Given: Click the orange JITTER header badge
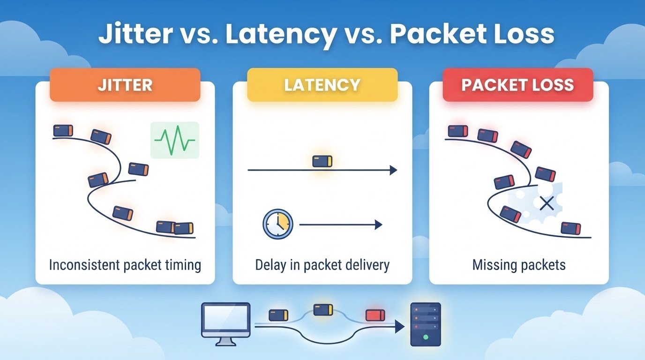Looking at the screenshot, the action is coord(125,85).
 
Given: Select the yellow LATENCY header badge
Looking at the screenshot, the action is coord(322,85).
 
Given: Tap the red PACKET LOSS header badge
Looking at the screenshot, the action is coord(517,85).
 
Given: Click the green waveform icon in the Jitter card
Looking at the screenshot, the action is coord(175,140).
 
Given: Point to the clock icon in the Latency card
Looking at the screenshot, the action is coord(278,224).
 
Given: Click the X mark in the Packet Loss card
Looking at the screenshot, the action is coord(547,203).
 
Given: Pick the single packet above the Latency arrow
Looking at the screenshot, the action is coord(322,161).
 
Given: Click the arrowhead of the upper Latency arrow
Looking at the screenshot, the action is coord(394,170).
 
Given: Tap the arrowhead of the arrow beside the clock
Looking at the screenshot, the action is coord(379,225).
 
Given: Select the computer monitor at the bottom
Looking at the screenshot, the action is coord(226,324).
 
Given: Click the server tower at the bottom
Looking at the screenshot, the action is coord(426,324).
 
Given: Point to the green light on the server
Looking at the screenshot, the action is coord(426,337).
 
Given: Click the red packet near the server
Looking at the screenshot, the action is coord(375,315).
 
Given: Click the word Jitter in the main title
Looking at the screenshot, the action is coord(135,34).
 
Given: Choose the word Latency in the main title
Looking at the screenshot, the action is coord(281,35).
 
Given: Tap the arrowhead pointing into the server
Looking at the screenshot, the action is coord(400,327).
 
